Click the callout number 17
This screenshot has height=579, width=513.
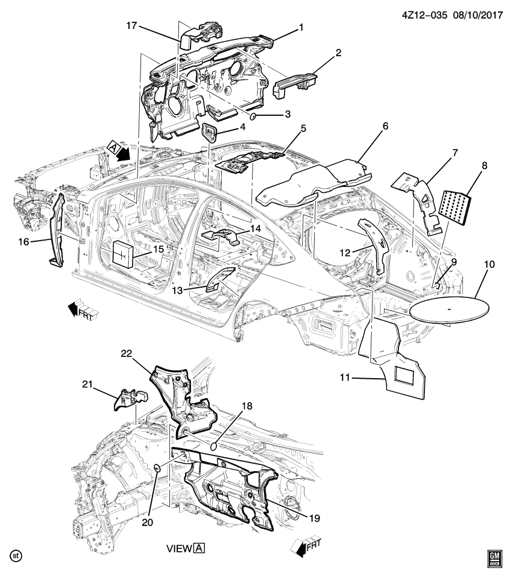tap(131, 26)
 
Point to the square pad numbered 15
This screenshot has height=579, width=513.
tap(125, 252)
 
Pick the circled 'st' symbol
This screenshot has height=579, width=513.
tap(16, 554)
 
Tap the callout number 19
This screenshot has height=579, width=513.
tap(313, 517)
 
